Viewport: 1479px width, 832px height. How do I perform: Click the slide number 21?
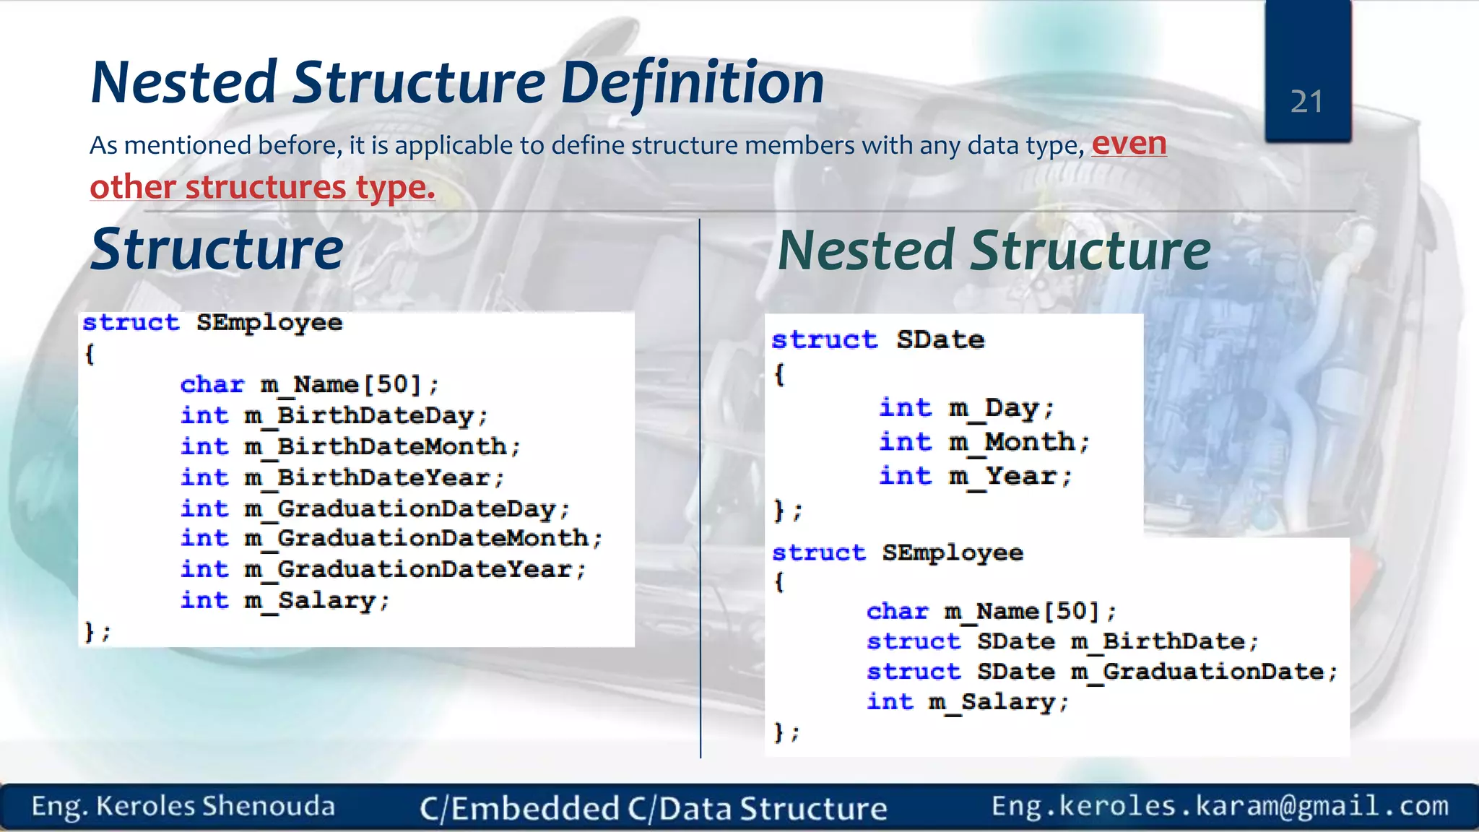click(x=1306, y=102)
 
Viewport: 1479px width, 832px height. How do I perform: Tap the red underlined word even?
click(x=1129, y=143)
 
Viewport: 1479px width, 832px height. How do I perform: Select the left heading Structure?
click(x=217, y=249)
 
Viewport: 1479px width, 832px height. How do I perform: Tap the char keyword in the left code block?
click(x=212, y=385)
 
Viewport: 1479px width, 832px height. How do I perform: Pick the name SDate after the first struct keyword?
click(x=940, y=340)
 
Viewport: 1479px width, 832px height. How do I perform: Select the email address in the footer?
click(x=1220, y=806)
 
